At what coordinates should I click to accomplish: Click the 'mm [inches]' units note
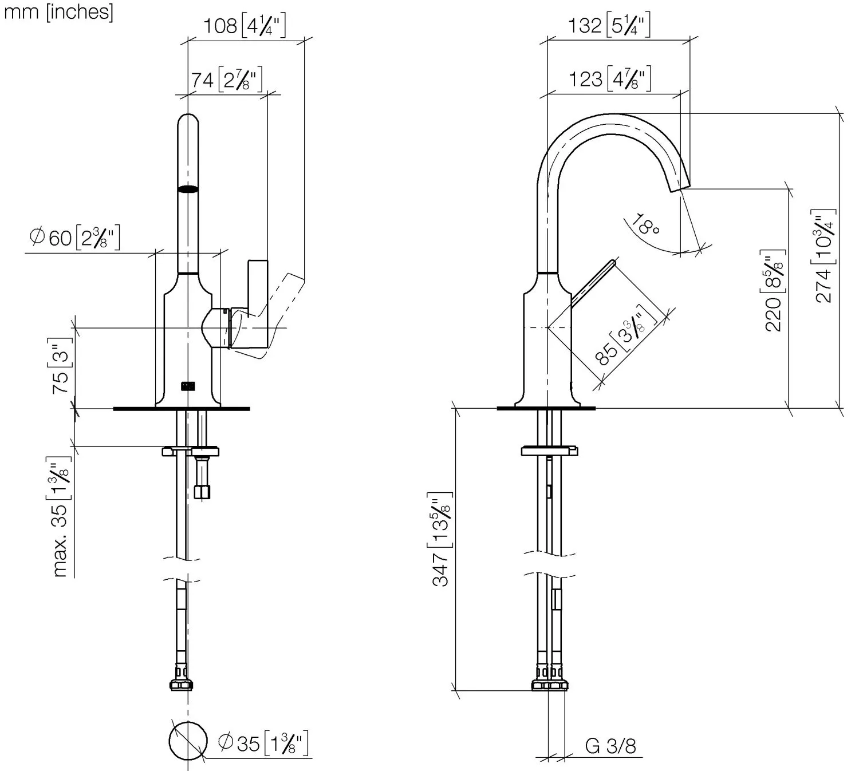[58, 12]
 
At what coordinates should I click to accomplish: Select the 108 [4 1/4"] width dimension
[245, 26]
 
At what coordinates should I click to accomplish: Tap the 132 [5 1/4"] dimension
[609, 26]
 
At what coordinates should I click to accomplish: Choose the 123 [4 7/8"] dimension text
[609, 78]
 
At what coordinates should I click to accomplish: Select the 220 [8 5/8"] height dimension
[774, 291]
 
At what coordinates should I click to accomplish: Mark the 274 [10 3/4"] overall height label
[824, 255]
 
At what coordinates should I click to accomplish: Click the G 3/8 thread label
[610, 746]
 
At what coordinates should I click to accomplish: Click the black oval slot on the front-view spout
[188, 189]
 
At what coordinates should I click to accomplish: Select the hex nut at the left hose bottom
[182, 685]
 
